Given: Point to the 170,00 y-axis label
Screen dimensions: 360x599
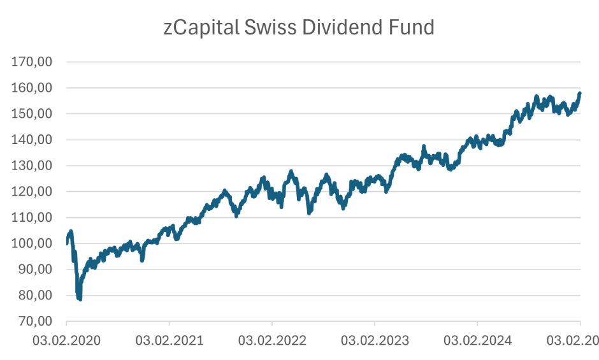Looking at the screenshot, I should coord(32,62).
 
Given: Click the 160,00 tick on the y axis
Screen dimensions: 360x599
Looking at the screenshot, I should coord(32,88).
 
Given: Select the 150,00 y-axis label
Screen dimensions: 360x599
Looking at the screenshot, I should coord(32,114).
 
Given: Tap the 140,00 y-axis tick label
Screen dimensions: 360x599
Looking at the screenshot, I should coord(32,140).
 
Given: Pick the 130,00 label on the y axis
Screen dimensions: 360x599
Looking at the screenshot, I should coord(32,166).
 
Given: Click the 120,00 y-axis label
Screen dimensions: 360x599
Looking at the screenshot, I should coord(32,192).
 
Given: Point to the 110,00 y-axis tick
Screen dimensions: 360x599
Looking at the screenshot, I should coord(32,217).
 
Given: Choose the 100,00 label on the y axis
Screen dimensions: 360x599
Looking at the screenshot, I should coord(32,243).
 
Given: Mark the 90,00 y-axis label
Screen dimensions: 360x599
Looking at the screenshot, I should coord(36,270).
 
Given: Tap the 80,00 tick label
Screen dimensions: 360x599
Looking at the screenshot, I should coord(36,296).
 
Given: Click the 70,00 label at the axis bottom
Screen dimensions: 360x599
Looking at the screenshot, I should coord(36,321).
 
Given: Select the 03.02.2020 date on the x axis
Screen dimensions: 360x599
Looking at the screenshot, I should coord(67,340).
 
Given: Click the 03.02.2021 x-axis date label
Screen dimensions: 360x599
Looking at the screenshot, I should coord(170,340).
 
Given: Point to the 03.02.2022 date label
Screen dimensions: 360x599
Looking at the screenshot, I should coord(272,340).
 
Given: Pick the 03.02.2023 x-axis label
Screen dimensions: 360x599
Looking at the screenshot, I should coord(375,340).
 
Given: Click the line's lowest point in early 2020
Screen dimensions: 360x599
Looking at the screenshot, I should coord(80,299).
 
